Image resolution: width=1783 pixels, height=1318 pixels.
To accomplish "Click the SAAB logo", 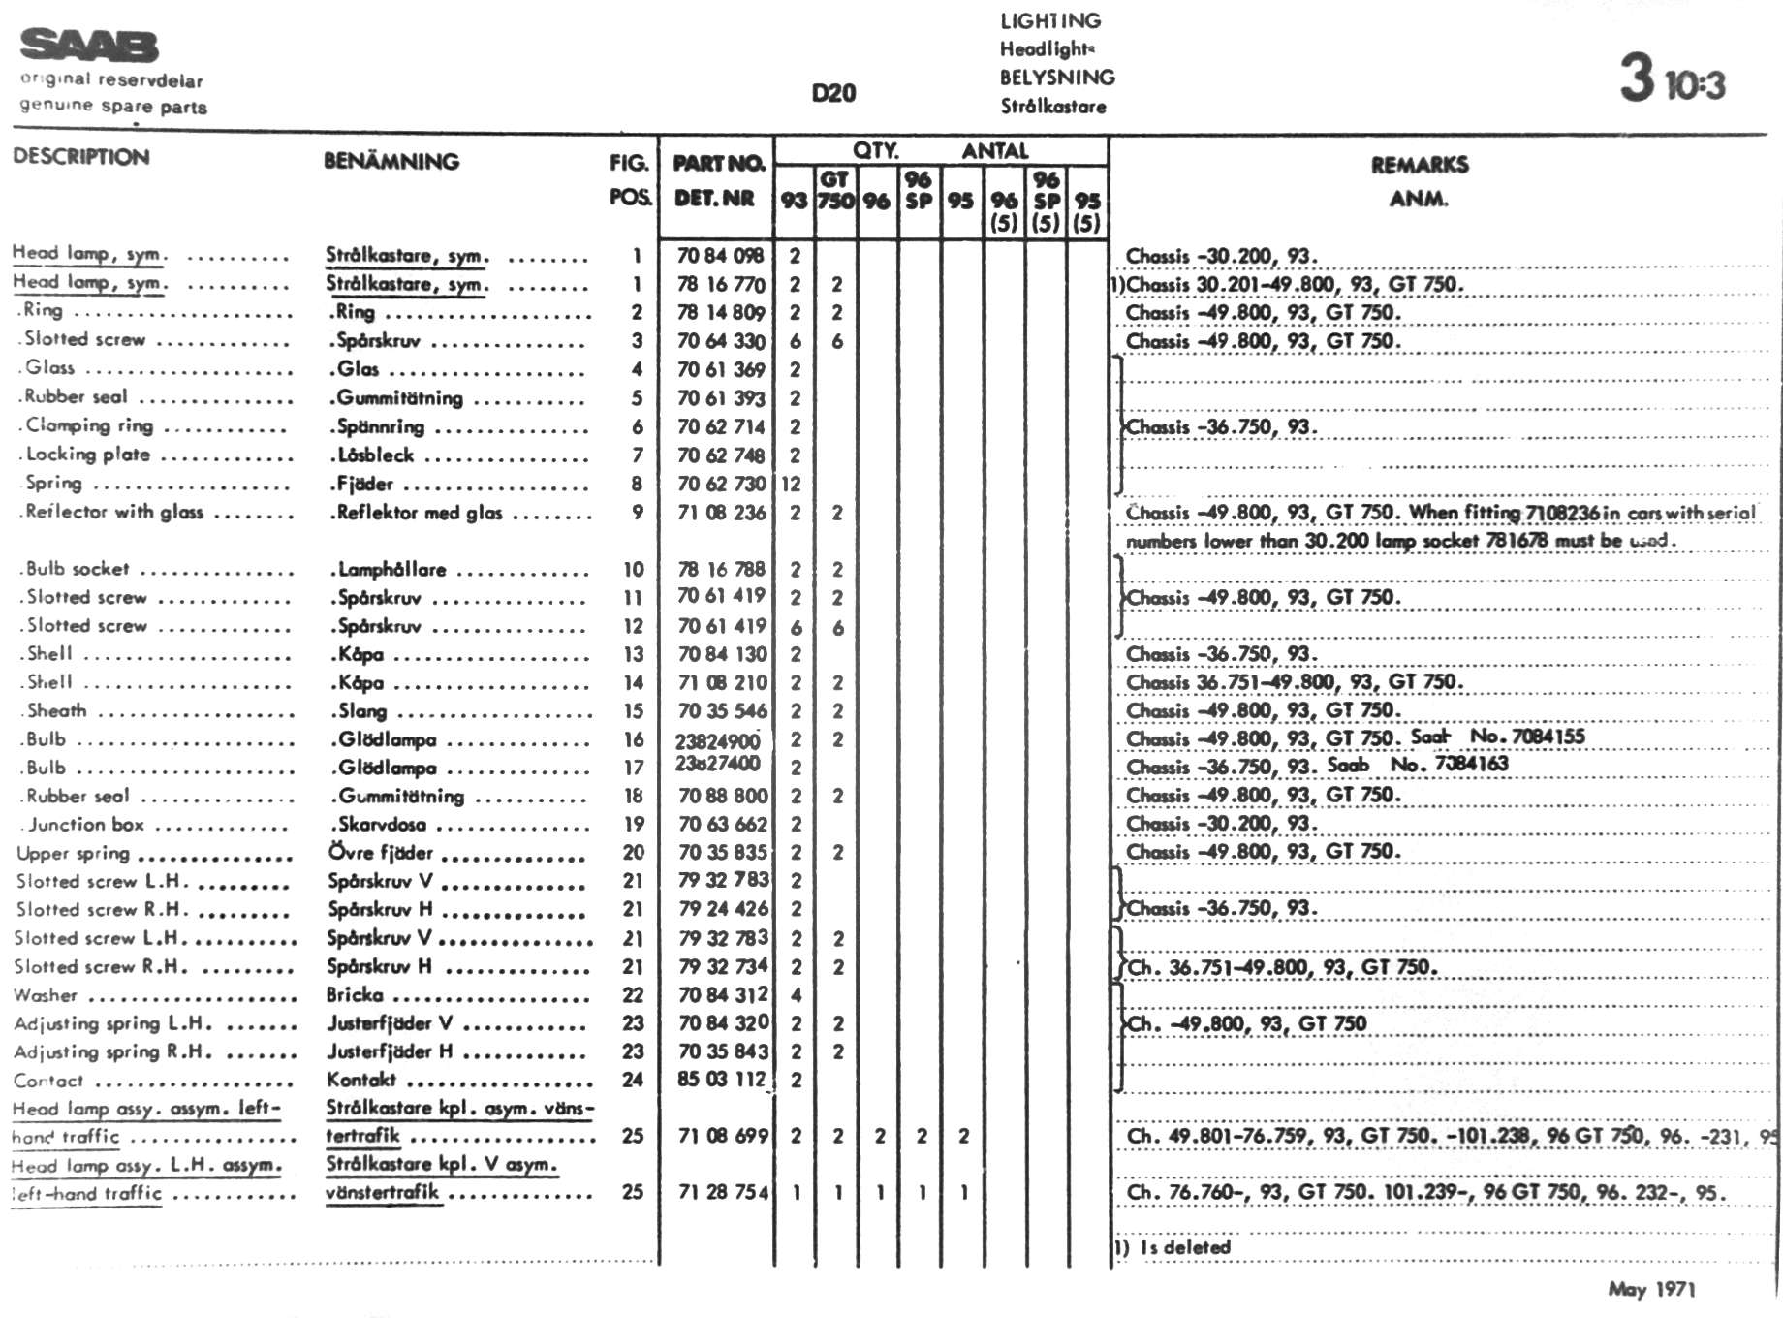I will tap(89, 46).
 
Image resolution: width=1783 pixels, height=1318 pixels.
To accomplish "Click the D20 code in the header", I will tap(833, 93).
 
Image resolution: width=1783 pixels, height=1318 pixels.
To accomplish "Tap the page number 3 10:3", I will tap(1673, 79).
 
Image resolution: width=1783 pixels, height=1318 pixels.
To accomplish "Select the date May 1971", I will tap(1651, 1289).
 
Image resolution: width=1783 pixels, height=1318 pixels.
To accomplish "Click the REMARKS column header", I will tap(1420, 165).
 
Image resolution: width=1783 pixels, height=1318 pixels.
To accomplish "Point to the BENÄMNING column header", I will tap(391, 161).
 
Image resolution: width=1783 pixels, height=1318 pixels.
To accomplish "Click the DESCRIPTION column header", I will tap(81, 157).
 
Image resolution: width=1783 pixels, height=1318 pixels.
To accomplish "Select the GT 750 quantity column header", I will tap(835, 191).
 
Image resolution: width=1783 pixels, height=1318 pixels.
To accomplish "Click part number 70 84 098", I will tap(720, 256).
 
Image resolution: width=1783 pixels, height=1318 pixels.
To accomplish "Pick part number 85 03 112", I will tap(721, 1079).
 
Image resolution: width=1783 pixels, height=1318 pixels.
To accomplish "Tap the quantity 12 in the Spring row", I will tap(791, 484).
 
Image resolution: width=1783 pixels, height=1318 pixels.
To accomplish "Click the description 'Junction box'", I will tap(85, 825).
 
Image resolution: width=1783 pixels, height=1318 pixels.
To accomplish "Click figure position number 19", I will tap(634, 824).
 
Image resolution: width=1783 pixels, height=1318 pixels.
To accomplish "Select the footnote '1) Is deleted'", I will tap(1172, 1247).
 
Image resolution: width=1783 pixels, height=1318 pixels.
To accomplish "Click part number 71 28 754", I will tap(723, 1192).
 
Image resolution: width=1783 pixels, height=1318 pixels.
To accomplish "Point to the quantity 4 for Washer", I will tap(796, 995).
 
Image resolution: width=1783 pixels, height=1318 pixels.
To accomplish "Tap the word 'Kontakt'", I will tap(361, 1080).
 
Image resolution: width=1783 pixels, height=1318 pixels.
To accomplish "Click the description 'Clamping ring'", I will tap(89, 425).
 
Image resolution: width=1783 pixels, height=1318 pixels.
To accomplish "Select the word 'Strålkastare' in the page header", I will tap(1053, 106).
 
